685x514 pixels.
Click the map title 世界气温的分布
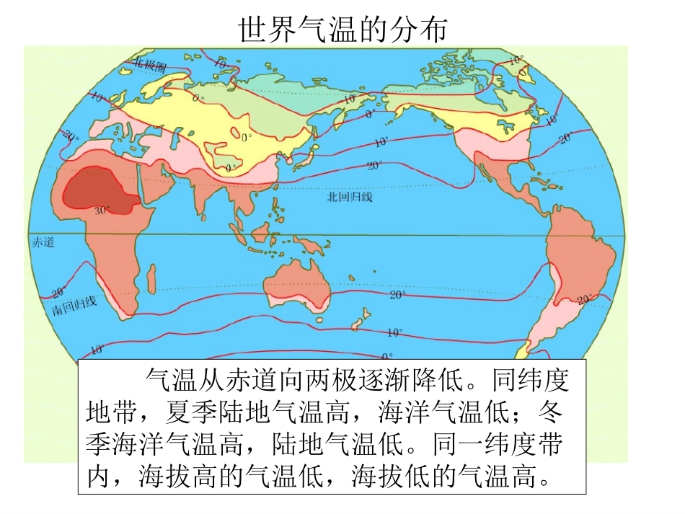point(343,30)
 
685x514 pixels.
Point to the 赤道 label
point(43,242)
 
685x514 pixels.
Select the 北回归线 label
point(349,196)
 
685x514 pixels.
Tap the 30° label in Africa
point(102,211)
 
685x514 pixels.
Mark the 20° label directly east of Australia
point(397,295)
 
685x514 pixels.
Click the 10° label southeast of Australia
point(394,333)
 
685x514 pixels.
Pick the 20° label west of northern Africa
point(70,135)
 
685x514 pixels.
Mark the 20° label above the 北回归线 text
point(374,166)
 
